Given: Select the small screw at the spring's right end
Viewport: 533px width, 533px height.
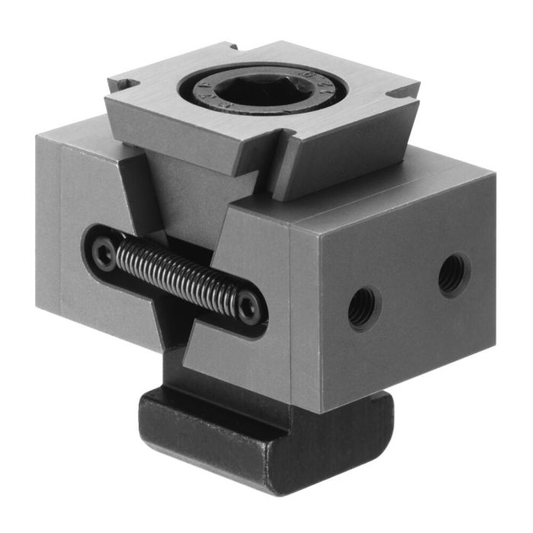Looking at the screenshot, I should point(247,308).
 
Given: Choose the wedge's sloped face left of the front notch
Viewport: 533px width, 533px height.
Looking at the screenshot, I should point(190,133).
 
